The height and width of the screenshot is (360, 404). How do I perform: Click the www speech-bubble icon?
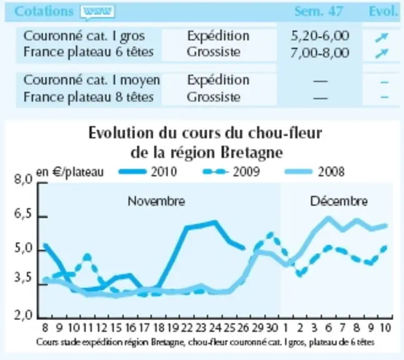[97, 12]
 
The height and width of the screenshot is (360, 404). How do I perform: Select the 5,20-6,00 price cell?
[320, 36]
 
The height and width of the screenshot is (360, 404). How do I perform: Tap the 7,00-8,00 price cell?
[320, 53]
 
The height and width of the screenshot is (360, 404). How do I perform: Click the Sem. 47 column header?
[318, 11]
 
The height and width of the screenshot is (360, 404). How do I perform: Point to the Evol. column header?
[383, 11]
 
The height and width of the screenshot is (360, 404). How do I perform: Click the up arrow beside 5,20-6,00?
[382, 37]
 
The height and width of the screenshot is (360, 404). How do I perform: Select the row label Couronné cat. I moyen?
[91, 80]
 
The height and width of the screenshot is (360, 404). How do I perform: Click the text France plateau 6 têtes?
[89, 52]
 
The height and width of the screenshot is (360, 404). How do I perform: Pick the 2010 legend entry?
[147, 171]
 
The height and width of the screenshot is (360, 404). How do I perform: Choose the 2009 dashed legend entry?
[231, 171]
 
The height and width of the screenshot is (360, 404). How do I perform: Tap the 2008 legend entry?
[315, 171]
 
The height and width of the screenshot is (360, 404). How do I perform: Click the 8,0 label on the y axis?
[24, 179]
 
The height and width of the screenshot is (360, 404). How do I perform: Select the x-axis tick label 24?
[215, 327]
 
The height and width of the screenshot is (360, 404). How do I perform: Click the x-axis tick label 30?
[272, 327]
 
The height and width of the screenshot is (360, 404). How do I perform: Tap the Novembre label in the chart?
[156, 201]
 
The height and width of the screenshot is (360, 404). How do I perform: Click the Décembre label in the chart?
[339, 201]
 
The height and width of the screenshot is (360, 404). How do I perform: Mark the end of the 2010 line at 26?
[244, 248]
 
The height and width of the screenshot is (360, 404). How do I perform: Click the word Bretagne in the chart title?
[252, 153]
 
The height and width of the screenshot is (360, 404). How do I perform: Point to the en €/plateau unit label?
[70, 172]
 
